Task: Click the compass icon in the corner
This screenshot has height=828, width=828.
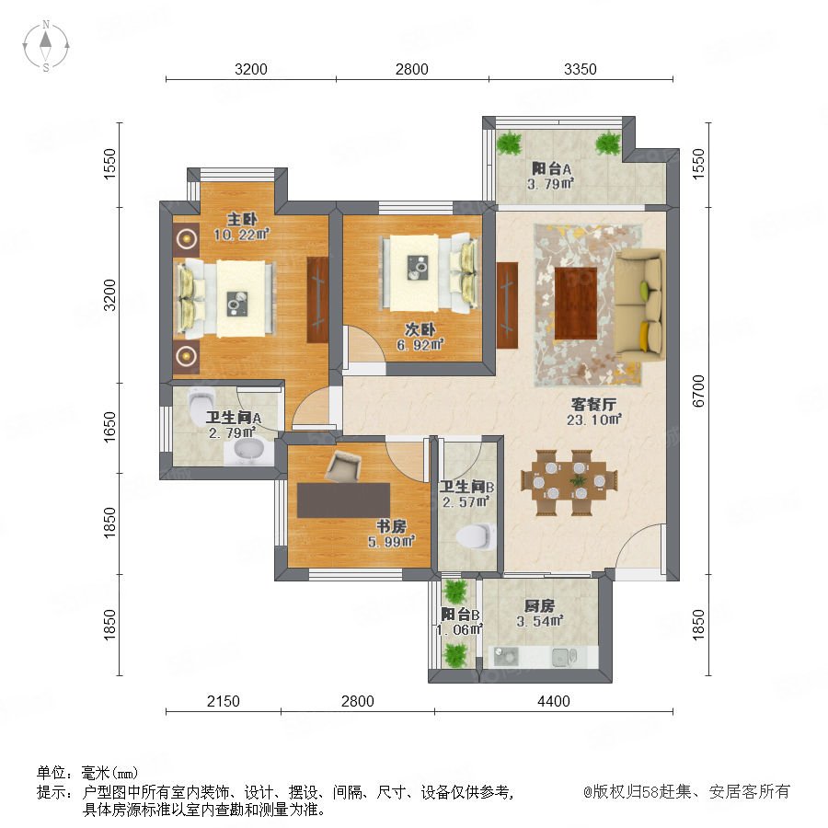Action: click(46, 46)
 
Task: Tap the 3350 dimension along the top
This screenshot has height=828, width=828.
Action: click(580, 69)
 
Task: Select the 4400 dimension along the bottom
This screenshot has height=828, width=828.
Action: click(554, 701)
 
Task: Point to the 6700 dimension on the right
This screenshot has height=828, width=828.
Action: click(698, 391)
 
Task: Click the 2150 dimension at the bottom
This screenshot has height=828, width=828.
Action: click(223, 701)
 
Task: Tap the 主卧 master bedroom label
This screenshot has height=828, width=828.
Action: click(242, 219)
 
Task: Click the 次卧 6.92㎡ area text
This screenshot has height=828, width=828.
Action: click(420, 345)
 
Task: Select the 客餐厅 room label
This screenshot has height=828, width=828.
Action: click(593, 405)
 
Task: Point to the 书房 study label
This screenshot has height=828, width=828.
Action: click(391, 526)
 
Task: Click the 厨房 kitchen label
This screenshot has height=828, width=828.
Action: click(539, 605)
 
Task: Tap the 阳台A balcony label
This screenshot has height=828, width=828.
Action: click(551, 169)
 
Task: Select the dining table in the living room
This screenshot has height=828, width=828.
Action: click(569, 481)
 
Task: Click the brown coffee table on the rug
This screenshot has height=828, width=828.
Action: click(576, 304)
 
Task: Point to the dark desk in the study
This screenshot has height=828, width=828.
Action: click(344, 500)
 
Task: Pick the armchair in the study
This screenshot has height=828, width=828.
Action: click(344, 466)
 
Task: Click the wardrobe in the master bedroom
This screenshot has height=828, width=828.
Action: click(317, 299)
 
